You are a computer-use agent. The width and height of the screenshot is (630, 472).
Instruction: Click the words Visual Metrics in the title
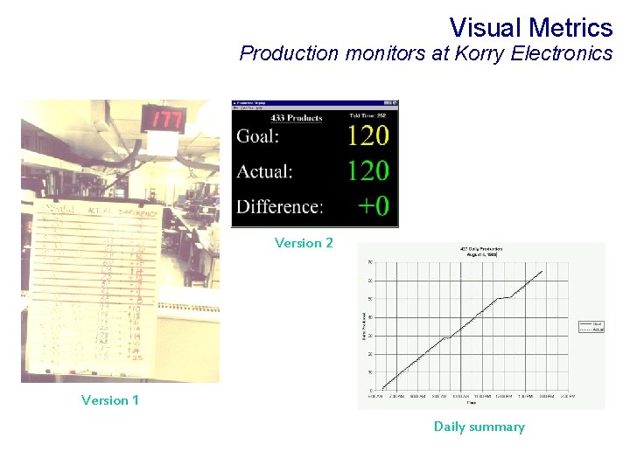coord(530,27)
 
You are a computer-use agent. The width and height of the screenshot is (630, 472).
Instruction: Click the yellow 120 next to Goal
coord(367,135)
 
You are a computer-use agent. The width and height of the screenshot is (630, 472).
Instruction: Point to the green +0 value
coord(373,206)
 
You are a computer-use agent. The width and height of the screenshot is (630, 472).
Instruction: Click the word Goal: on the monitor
coord(258,136)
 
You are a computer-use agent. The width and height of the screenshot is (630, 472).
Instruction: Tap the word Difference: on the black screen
coord(279,206)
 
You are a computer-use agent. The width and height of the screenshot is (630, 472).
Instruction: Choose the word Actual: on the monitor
coord(264,171)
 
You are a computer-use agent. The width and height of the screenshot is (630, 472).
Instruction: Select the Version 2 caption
coord(304,243)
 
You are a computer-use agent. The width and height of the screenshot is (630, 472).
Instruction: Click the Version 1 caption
coord(109,400)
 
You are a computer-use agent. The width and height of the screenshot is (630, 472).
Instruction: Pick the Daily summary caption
coord(479,427)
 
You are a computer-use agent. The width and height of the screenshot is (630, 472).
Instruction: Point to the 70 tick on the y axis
coord(370,262)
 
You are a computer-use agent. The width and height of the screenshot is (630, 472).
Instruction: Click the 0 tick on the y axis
coord(371,390)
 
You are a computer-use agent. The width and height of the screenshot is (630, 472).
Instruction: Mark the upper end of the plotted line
coord(542,271)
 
